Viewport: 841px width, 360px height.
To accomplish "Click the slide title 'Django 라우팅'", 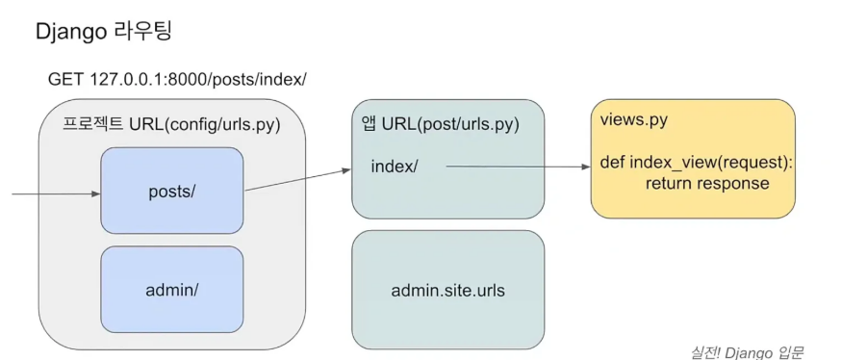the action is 104,32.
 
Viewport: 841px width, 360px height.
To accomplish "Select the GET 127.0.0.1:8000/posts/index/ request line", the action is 177,79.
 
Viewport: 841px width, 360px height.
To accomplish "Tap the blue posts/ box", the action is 172,191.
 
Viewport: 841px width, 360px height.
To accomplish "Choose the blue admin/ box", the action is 172,290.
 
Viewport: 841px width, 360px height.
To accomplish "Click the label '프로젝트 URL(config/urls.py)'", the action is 172,124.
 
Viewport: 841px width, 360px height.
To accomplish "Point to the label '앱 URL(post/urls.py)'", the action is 441,124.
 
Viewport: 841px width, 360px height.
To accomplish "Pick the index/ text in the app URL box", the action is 395,167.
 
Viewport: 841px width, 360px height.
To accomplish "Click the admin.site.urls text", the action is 447,291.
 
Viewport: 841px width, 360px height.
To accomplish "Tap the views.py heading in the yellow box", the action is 634,119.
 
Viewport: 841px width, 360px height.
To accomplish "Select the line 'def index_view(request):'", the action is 697,162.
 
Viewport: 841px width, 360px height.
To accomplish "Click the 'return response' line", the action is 707,184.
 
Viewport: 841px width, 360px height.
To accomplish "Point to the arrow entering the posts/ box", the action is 57,193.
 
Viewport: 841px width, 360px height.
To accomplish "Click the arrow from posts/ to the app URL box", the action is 297,180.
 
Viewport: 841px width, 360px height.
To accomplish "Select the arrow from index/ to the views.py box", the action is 518,167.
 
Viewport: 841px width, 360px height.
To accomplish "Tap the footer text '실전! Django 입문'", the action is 747,352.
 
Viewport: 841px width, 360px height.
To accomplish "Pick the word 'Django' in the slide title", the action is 72,33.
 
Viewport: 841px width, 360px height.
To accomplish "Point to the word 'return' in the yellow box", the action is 669,184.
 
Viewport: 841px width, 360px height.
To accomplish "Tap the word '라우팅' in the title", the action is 143,31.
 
